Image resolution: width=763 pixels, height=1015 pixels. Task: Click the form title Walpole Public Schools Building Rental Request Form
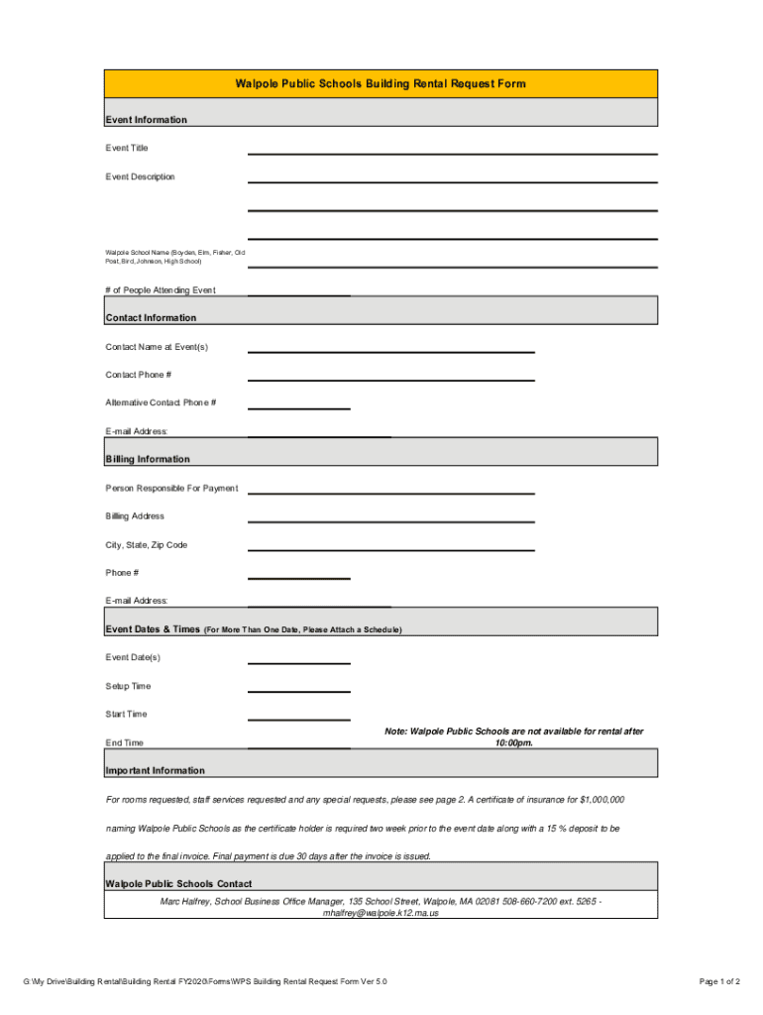click(381, 84)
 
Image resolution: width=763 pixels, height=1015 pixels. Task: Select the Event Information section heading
click(146, 120)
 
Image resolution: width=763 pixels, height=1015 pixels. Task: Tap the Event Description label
click(140, 176)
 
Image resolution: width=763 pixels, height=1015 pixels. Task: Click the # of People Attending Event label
click(161, 290)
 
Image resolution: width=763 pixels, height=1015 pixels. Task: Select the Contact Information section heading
click(151, 318)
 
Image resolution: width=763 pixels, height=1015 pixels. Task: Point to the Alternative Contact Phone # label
click(161, 402)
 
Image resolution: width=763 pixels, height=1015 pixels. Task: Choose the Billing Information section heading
click(148, 459)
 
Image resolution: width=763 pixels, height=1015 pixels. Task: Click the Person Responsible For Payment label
click(171, 489)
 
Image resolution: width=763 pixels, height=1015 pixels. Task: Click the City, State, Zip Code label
click(146, 545)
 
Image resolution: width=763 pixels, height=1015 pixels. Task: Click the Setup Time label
click(128, 686)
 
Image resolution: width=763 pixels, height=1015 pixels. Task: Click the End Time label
click(124, 742)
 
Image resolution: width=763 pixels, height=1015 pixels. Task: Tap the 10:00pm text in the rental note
click(514, 742)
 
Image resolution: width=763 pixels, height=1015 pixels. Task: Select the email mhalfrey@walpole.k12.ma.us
click(381, 913)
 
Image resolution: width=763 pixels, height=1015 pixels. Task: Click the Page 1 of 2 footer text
click(719, 981)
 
